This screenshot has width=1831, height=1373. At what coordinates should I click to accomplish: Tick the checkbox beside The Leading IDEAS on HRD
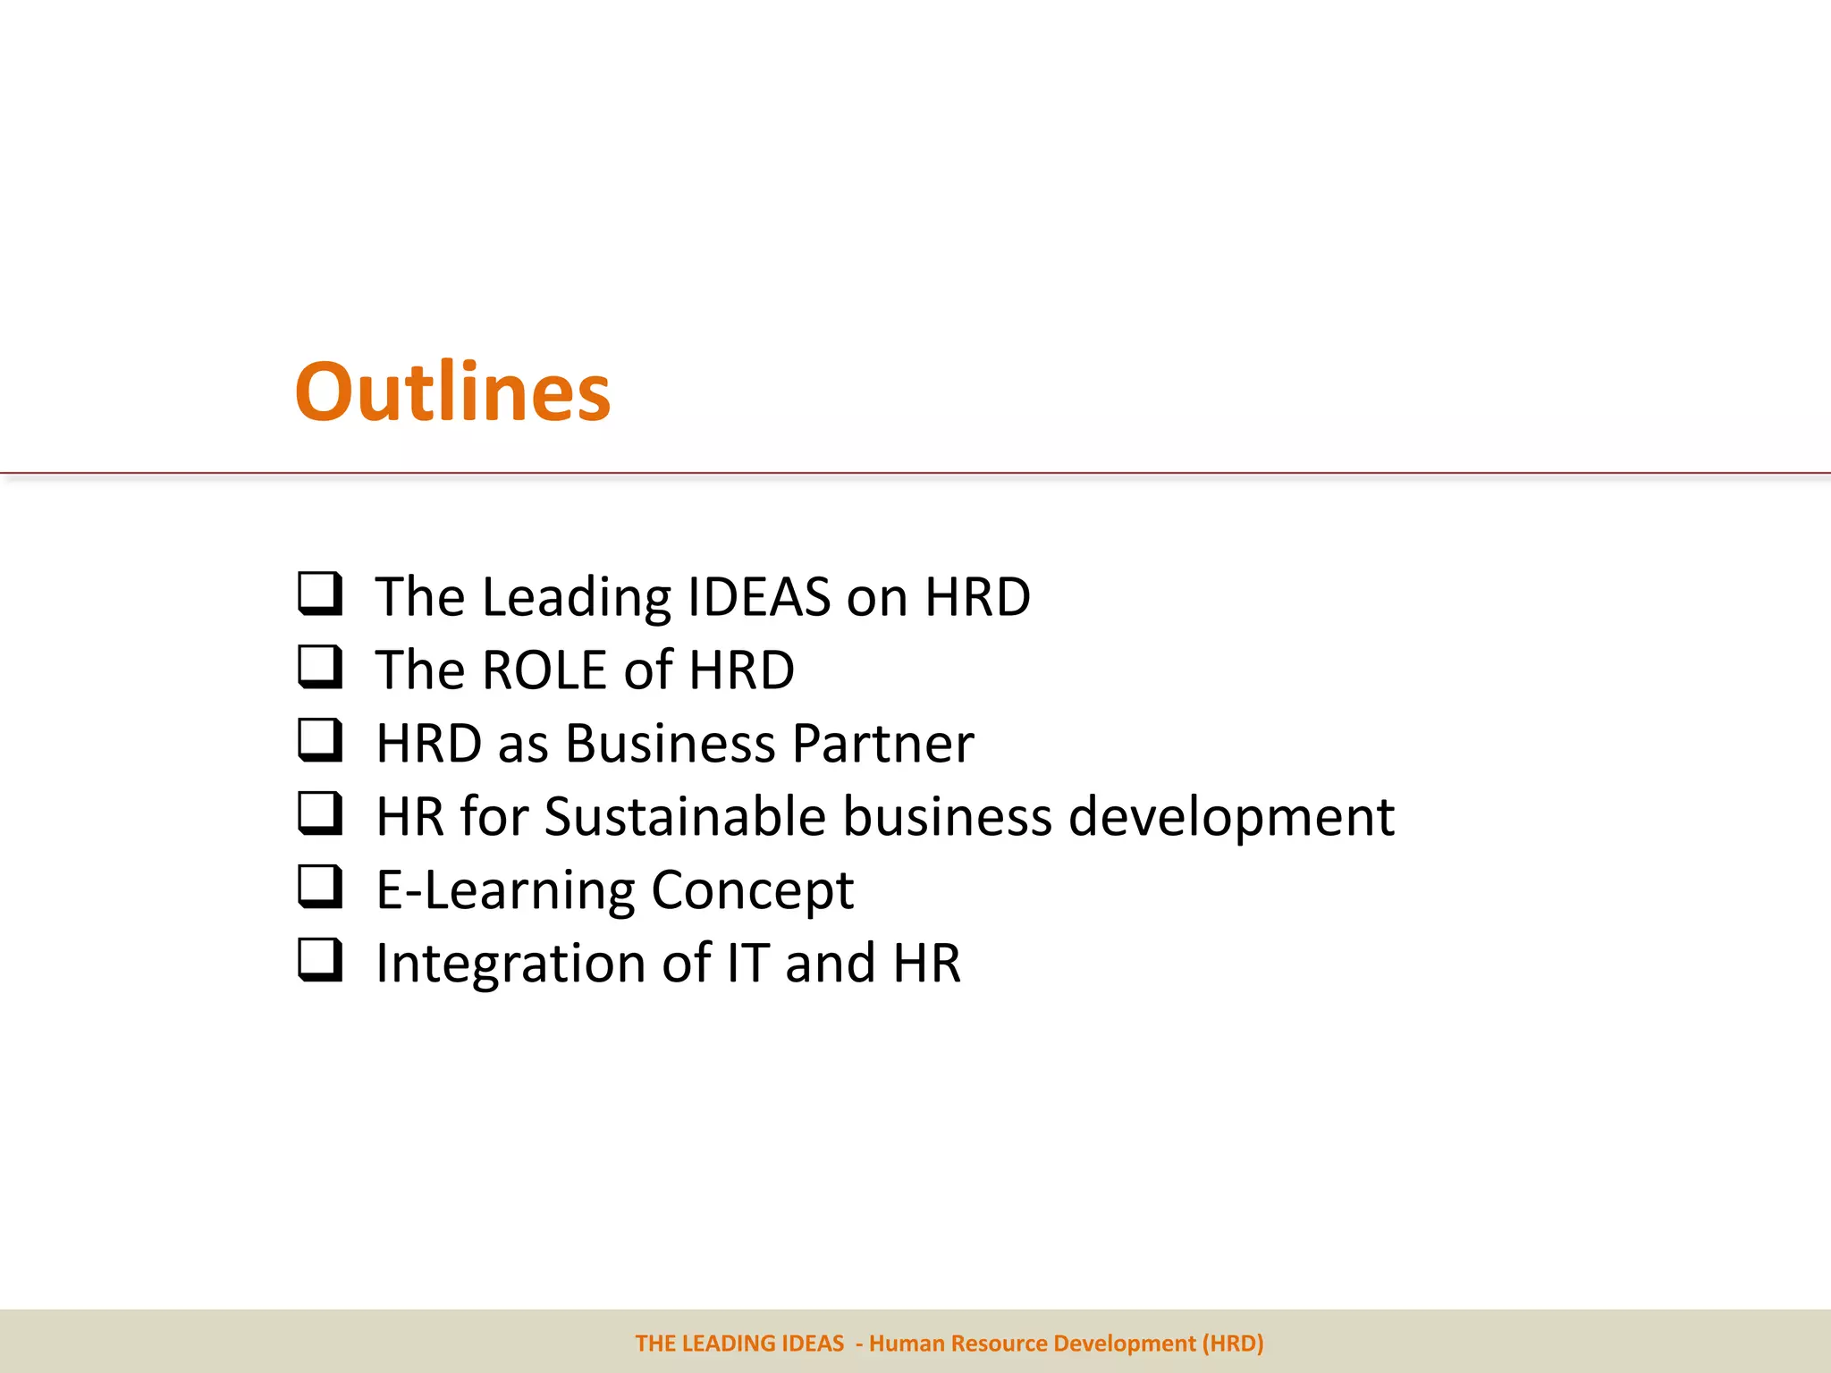coord(319,594)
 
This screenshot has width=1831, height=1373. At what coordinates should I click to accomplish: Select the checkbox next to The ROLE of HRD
coord(319,667)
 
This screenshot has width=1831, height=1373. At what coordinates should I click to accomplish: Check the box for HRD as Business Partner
coord(319,740)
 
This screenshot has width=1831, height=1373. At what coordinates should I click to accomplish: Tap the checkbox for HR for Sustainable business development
coord(319,813)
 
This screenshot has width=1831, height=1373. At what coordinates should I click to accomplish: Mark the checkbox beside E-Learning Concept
coord(319,887)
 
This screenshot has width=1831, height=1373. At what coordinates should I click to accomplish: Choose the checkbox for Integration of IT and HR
coord(319,960)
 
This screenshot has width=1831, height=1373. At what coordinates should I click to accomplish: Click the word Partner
coord(882,744)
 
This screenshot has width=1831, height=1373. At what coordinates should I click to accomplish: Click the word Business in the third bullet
coord(671,744)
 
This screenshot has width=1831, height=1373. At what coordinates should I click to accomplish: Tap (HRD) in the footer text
coord(1233,1344)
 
